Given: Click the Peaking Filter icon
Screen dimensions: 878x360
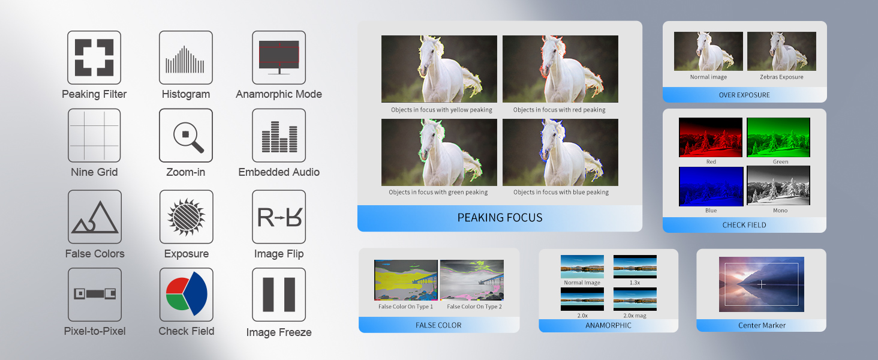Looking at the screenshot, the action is click(94, 57).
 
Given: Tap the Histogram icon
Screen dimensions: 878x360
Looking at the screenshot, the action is click(186, 57).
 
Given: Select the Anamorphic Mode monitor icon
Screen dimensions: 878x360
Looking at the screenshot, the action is click(279, 57).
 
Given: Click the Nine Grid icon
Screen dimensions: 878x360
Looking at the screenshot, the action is click(94, 135).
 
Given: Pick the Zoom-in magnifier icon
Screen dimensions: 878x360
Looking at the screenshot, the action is click(186, 135).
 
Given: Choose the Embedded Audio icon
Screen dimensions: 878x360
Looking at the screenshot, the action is click(279, 135).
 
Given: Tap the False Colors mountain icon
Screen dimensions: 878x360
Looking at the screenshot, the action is click(95, 217).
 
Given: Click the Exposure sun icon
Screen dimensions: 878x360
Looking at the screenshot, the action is click(186, 217).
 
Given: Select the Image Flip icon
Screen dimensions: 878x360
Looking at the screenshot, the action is click(279, 217).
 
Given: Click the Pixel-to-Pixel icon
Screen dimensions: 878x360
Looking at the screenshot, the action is click(95, 295).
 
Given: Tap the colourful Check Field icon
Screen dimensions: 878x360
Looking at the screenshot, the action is click(186, 295).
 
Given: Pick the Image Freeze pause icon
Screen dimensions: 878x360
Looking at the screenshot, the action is click(279, 295).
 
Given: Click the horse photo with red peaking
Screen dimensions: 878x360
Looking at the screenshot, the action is click(560, 69).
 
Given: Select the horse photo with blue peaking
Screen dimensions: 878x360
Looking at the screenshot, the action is click(560, 152).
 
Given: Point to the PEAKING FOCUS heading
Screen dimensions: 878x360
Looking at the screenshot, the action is click(500, 218).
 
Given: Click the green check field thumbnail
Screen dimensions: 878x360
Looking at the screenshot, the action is click(778, 137).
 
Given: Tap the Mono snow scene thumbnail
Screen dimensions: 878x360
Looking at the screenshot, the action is click(778, 185).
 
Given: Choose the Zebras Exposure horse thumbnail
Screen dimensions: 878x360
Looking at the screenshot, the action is click(781, 52).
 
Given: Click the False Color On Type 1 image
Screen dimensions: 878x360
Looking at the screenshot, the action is click(405, 280).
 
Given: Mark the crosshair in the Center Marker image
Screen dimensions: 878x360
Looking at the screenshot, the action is click(761, 284).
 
